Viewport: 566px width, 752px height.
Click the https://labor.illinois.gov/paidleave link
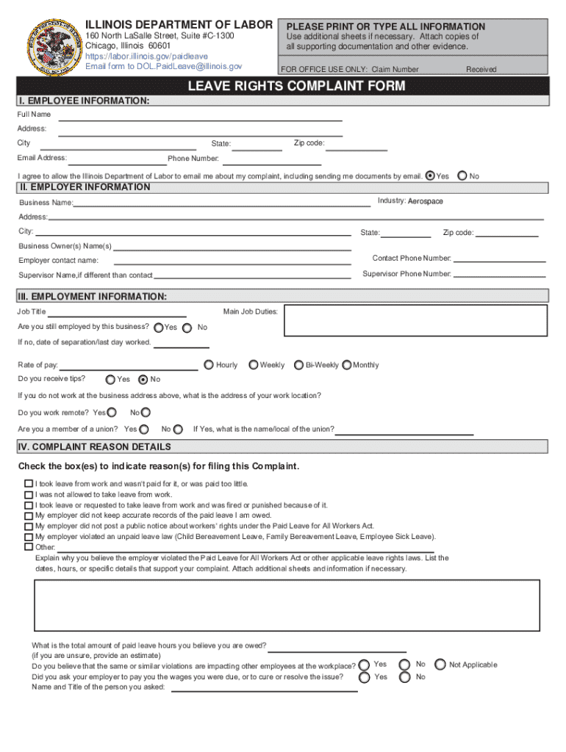click(x=146, y=56)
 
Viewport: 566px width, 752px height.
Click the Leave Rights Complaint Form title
click(x=296, y=87)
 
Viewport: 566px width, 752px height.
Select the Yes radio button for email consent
click(x=431, y=176)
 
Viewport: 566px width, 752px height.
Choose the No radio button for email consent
click(x=462, y=176)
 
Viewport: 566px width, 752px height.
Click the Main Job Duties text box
click(x=415, y=320)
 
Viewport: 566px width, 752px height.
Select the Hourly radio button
click(x=209, y=365)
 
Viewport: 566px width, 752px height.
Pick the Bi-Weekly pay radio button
click(x=298, y=365)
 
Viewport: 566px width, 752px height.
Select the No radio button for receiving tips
click(x=143, y=380)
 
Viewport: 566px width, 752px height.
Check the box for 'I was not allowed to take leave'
click(x=29, y=494)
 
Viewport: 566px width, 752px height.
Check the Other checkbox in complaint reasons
click(x=29, y=546)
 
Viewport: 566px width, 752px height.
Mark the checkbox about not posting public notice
click(x=29, y=526)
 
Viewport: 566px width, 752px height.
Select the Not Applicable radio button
click(x=440, y=665)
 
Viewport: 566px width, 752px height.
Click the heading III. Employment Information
click(x=93, y=297)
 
